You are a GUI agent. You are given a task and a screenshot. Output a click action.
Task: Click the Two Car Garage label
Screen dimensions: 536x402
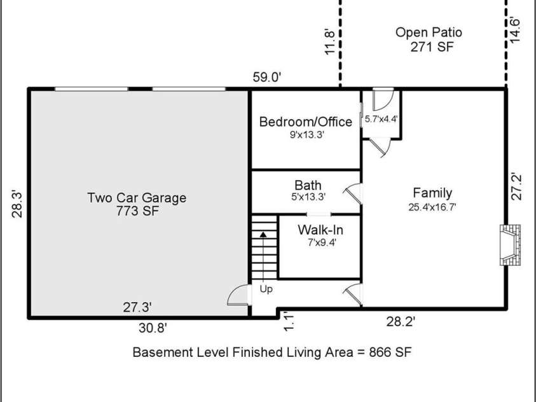click(x=137, y=198)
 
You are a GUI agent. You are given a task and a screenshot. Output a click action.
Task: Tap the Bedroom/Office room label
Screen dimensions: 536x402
click(x=306, y=121)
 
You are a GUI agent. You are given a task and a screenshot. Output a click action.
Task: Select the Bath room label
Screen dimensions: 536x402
click(x=308, y=185)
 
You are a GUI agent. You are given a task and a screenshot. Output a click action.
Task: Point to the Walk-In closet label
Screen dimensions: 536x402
click(x=320, y=230)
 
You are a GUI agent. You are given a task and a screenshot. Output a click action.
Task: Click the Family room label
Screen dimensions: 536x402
click(x=432, y=193)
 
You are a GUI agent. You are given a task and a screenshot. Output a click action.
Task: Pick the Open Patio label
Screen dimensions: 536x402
click(x=429, y=32)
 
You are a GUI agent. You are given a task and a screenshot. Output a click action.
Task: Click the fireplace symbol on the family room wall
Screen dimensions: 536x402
click(x=510, y=245)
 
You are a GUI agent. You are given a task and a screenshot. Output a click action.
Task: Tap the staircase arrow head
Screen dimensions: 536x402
click(x=263, y=235)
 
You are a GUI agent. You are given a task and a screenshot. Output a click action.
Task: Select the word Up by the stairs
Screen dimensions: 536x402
click(x=266, y=289)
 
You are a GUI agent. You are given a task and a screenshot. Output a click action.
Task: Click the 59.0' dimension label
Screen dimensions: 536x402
click(x=267, y=77)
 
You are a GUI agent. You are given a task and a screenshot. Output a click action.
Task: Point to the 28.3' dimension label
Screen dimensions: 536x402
click(x=17, y=204)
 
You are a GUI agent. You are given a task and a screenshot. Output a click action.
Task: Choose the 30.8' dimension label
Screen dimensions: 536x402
click(x=153, y=328)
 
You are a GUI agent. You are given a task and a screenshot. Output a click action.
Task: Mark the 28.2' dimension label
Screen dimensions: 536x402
click(x=401, y=322)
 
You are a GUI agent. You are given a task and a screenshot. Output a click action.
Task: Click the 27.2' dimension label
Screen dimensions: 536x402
click(x=516, y=187)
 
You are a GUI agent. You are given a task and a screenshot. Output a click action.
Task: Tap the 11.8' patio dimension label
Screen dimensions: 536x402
click(x=329, y=41)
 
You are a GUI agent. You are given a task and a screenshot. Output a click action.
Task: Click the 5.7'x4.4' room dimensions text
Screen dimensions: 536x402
click(x=381, y=119)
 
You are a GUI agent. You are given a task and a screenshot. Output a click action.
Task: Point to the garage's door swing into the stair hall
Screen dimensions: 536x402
click(x=238, y=295)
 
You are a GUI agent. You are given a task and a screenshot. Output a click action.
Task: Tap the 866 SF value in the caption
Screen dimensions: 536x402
click(x=390, y=352)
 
